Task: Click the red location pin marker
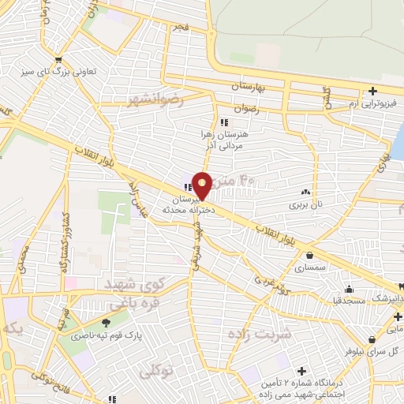pos(203,185)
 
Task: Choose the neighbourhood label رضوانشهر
pos(155,100)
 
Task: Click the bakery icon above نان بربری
pos(305,192)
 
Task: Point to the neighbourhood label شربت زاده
pos(260,334)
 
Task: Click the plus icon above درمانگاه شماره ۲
pos(301,371)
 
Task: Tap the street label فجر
pos(183,28)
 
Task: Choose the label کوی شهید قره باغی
pos(130,293)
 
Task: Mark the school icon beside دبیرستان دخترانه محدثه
pos(187,187)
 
